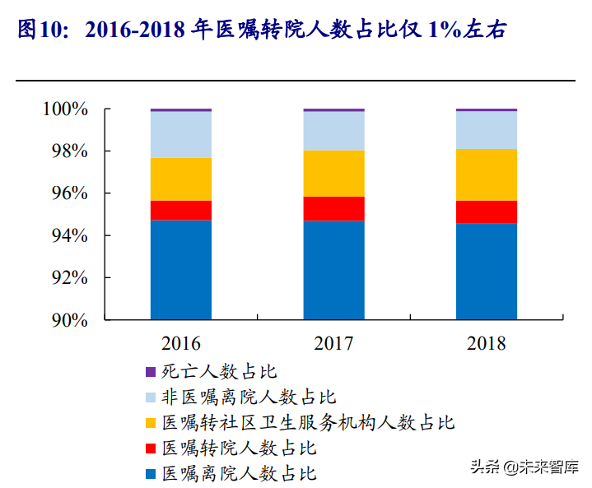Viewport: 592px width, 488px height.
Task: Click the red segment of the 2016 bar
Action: coord(181,211)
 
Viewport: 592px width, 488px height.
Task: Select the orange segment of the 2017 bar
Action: coord(333,174)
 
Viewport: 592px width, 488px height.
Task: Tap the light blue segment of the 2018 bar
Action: coord(487,130)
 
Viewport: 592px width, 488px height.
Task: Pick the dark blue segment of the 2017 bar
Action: coord(333,270)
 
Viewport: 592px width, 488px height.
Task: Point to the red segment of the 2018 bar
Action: coord(487,212)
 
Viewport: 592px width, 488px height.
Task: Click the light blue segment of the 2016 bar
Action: coord(181,134)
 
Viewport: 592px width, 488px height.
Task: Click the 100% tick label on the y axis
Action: coord(65,109)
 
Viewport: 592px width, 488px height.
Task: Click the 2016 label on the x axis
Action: coord(181,343)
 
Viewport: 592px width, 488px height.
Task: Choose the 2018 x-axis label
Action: coord(487,343)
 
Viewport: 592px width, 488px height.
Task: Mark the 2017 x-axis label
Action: coord(333,343)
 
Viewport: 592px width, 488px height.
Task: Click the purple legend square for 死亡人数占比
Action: coord(150,372)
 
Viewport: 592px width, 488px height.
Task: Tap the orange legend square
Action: coord(150,423)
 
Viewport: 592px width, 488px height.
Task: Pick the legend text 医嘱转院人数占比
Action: coord(239,448)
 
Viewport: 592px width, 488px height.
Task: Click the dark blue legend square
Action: coord(150,474)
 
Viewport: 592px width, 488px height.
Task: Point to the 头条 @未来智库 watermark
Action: coord(523,467)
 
